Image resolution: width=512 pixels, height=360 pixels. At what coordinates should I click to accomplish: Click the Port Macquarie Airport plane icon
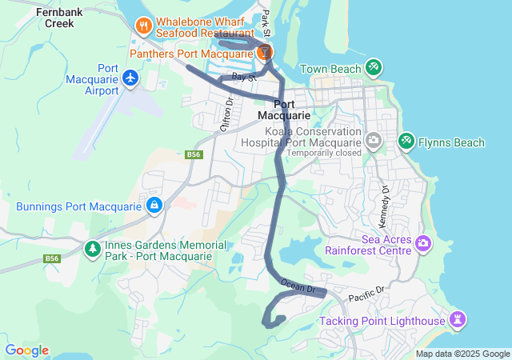(130, 78)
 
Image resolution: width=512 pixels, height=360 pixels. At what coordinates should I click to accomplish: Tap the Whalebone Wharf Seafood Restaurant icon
(144, 25)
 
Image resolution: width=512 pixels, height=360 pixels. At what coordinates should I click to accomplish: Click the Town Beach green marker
(373, 66)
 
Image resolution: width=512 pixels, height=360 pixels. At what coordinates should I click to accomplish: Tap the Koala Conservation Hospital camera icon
(373, 141)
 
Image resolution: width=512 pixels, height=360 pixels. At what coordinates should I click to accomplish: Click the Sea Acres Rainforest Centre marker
(423, 242)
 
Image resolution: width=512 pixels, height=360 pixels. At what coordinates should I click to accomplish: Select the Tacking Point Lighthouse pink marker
(457, 320)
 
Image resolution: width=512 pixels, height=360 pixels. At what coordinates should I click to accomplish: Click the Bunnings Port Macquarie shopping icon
(153, 206)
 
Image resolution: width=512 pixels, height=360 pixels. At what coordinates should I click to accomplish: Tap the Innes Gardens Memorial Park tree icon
(93, 250)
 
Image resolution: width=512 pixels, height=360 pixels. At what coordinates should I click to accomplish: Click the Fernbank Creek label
(55, 18)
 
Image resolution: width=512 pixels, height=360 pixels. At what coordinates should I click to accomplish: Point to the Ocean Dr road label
(299, 286)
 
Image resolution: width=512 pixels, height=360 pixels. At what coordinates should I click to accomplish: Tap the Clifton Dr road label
(226, 114)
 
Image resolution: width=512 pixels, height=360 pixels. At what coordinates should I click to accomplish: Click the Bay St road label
(243, 77)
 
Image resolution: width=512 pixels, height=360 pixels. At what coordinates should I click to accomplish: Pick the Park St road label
(267, 18)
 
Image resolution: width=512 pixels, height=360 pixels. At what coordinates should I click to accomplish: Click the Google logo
(26, 350)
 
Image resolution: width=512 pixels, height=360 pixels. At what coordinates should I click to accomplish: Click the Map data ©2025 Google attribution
(462, 354)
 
